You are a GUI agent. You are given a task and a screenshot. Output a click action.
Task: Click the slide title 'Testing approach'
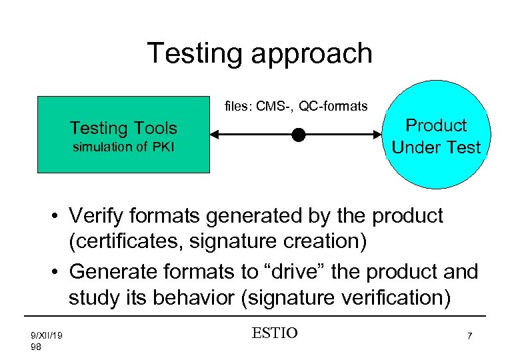click(259, 53)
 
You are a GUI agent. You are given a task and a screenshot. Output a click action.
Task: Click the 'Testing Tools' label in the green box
click(123, 127)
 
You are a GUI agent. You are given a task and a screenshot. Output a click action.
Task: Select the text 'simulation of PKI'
click(123, 147)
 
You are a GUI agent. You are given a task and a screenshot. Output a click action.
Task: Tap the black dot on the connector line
click(298, 135)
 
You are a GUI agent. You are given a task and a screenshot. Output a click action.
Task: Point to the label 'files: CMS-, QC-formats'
click(296, 106)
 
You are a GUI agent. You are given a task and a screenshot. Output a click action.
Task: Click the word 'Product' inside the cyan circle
click(436, 125)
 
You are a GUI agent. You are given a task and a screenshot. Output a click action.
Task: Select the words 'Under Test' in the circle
click(436, 147)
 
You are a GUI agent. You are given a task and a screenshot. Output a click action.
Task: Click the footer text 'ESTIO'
click(274, 333)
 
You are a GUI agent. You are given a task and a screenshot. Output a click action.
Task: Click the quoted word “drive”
click(299, 271)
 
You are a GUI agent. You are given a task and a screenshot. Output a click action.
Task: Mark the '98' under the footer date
click(37, 347)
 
